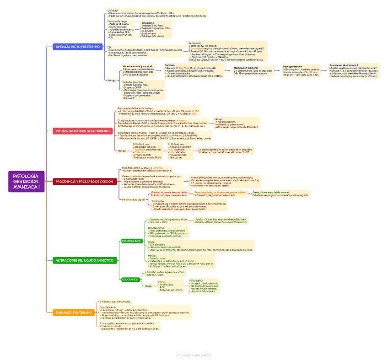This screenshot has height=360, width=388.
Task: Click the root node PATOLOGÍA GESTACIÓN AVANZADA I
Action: pos(26,181)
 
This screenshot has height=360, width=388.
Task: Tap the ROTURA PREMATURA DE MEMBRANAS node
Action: pos(83,131)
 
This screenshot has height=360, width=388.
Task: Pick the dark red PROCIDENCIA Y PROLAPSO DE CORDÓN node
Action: pos(84,182)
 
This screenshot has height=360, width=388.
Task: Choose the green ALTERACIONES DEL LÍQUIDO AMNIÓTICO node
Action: pos(84,260)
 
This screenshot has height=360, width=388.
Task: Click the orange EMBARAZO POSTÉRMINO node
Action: pos(73,312)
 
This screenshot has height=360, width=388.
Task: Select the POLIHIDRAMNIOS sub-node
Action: pos(131,241)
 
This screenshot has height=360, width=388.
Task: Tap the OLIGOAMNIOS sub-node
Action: pos(130,279)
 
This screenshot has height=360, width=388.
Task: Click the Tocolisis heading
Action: pos(169,65)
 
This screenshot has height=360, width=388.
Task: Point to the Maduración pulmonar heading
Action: pos(246,68)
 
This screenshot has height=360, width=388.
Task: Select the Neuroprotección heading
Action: pos(292,66)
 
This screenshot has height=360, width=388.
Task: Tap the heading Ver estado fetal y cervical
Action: pos(137,66)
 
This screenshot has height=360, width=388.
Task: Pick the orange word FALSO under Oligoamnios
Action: pos(162,281)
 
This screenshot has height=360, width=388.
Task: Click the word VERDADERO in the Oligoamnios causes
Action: pos(196,280)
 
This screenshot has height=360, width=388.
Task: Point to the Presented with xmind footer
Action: pos(194,355)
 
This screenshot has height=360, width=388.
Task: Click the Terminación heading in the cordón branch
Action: pos(157,201)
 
